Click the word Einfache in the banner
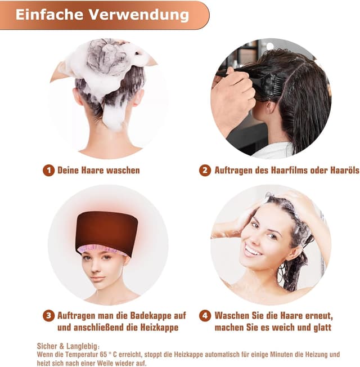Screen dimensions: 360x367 [49, 15]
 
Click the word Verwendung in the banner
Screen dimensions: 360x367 [139, 15]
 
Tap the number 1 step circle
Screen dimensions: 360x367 [48, 171]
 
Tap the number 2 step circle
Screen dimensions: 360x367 [205, 171]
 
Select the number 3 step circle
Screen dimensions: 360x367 [48, 316]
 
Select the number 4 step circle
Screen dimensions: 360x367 [205, 316]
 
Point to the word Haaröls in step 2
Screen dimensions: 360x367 [345, 170]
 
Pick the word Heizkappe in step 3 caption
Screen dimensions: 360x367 [159, 327]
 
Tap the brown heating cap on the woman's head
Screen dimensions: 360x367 [107, 230]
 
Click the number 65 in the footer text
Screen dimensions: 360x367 [103, 355]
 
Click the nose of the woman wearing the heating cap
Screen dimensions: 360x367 [94, 268]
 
